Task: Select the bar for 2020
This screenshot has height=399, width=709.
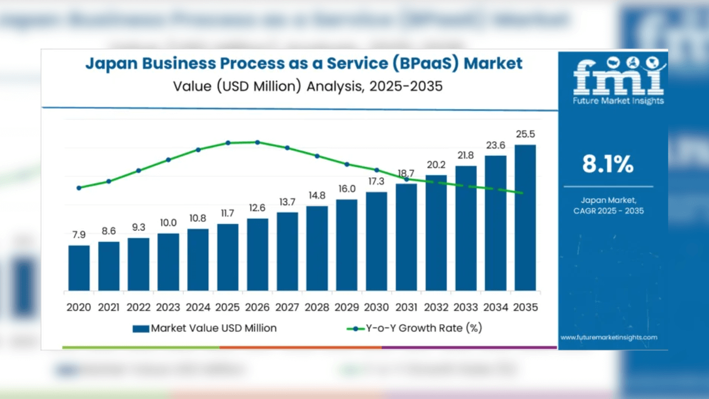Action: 79,268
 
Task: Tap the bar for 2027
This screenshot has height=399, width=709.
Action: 287,252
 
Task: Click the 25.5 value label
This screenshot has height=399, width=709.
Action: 525,134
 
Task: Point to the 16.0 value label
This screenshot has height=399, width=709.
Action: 347,189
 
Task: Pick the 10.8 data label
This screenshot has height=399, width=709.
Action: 198,218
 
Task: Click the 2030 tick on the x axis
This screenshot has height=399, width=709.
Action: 377,307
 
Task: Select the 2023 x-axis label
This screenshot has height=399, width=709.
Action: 168,307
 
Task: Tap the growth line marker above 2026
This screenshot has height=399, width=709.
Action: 258,142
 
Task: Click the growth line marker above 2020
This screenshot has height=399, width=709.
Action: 79,188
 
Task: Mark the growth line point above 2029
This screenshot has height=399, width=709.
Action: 347,164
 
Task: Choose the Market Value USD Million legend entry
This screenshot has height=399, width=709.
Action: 205,328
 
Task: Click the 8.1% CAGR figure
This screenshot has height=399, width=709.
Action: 608,164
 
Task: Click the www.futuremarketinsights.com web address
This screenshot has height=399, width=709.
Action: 609,337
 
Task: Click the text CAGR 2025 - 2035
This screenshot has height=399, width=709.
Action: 609,211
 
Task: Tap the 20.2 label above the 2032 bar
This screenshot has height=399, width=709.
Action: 436,165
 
